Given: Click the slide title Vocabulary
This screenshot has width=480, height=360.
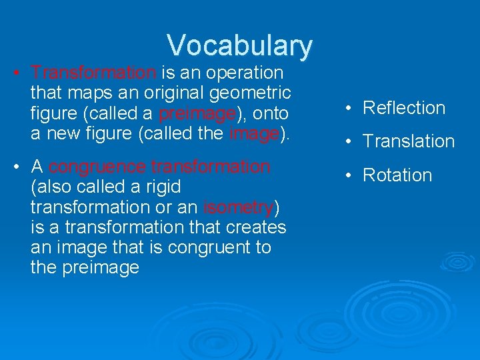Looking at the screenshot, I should (x=239, y=45).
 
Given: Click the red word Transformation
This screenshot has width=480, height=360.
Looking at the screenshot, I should (x=93, y=72).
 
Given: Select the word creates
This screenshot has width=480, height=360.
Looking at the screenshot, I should (x=257, y=227).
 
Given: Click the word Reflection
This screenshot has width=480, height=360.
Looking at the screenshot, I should (x=403, y=108).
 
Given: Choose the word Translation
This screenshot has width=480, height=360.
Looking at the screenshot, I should (x=408, y=141).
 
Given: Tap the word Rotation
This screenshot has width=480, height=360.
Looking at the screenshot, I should (x=397, y=175).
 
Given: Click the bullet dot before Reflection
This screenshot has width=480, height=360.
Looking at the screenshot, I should (x=351, y=109).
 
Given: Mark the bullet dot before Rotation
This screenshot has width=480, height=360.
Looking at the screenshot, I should (x=351, y=176).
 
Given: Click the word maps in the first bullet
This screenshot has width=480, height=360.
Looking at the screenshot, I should (x=77, y=92).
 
